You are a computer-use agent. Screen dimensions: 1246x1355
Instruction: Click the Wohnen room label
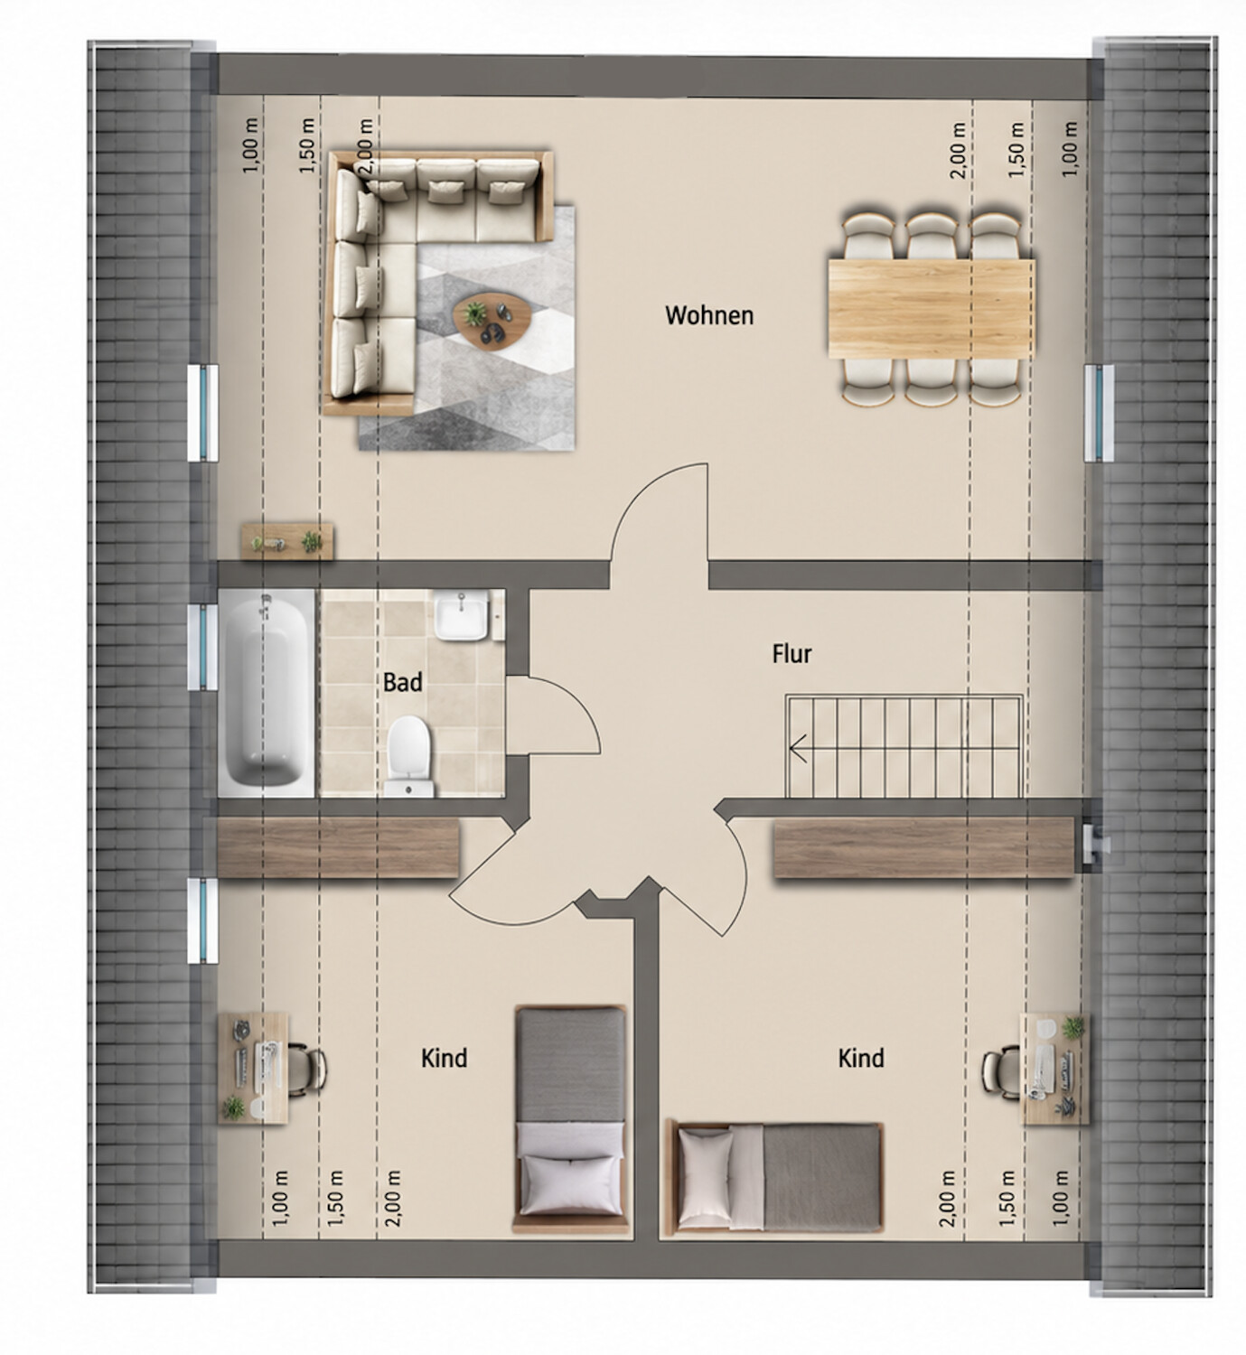708,315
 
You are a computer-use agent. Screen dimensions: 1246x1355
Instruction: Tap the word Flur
792,654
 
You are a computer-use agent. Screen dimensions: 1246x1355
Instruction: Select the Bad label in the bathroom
402,682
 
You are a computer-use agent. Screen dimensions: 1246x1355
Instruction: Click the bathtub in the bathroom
266,691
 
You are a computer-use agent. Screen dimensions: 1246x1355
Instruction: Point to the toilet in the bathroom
408,756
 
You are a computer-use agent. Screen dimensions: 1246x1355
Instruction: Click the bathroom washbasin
462,615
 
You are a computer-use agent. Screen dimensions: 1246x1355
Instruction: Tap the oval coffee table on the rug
492,320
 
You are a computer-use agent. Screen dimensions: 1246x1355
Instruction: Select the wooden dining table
932,309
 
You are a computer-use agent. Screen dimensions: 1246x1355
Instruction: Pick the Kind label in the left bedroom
444,1058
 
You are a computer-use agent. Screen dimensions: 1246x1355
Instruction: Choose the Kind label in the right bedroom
861,1058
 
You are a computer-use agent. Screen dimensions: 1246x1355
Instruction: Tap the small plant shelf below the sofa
287,541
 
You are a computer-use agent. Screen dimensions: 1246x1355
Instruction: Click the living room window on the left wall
202,413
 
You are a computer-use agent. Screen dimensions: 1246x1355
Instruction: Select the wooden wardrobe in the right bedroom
924,847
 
